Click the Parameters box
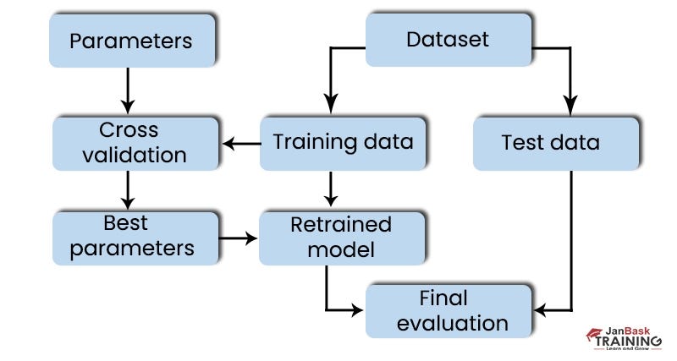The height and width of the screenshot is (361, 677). (x=130, y=41)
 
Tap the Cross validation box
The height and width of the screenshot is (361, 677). (x=130, y=142)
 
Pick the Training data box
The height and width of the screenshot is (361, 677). (x=343, y=142)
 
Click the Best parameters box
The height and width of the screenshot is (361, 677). (x=135, y=236)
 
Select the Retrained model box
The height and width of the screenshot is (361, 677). (x=341, y=238)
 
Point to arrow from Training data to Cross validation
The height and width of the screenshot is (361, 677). (x=240, y=144)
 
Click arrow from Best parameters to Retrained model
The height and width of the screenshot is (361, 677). (x=239, y=238)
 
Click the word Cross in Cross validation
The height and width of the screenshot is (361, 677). (x=129, y=130)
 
